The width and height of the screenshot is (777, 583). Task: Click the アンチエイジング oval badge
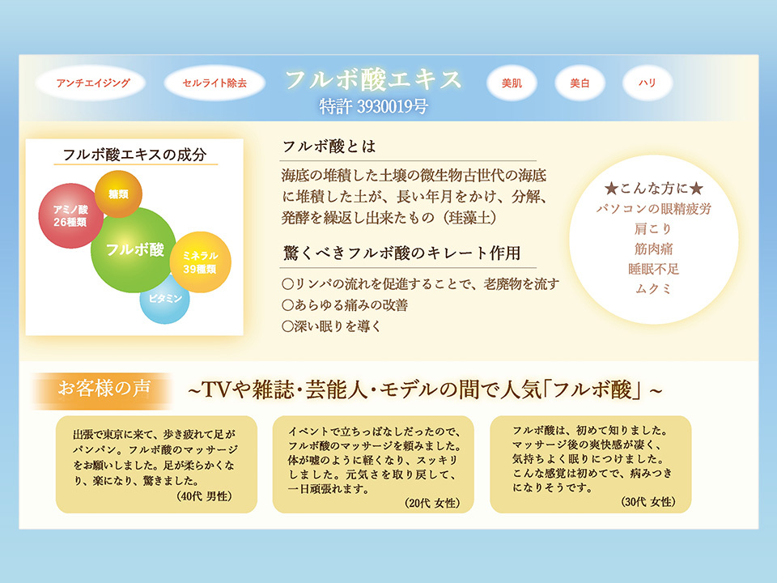pos(91,83)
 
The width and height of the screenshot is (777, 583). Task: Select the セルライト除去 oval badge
pos(214,83)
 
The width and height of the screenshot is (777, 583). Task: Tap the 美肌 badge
pos(512,83)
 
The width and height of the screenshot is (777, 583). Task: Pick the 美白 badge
pos(580,83)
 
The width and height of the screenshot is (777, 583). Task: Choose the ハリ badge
pos(647,83)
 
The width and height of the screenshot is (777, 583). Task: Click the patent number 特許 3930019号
pos(374,106)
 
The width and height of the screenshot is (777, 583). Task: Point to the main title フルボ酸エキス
pos(373,79)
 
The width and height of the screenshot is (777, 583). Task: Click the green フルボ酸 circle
pos(134,249)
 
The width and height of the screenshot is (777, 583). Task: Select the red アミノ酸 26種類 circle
pos(71,215)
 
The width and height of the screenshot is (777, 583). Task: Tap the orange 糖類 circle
pos(118,194)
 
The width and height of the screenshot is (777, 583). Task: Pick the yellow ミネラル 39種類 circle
pos(200,262)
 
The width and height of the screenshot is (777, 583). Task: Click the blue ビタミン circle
pos(164,299)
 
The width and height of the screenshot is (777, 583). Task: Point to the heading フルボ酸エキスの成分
pos(135,155)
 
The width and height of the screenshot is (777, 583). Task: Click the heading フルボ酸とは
pos(329,147)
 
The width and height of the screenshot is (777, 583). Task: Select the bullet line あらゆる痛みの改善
pos(345,305)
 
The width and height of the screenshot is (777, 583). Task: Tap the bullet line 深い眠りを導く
pos(332,326)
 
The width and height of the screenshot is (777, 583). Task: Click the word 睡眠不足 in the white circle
pos(654,269)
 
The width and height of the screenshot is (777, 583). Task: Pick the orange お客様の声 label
pos(104,389)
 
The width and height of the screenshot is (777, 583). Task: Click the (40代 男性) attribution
pos(204,496)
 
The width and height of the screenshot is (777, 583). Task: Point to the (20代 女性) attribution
pos(432,503)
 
